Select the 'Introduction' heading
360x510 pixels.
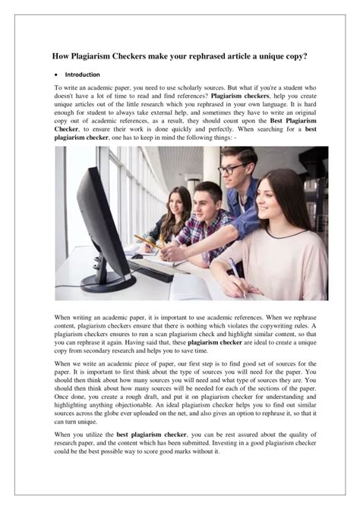click(83, 75)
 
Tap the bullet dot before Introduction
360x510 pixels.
click(58, 75)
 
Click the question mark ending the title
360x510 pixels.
click(306, 56)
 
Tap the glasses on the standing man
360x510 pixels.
click(231, 167)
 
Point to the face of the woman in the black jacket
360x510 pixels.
click(179, 204)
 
